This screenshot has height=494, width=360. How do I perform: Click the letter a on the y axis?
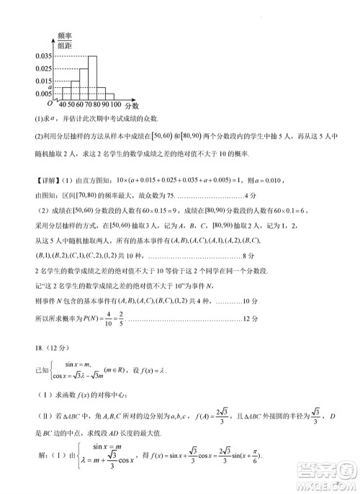(48, 86)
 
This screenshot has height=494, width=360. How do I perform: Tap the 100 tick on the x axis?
(115, 105)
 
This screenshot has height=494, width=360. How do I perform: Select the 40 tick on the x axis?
(63, 105)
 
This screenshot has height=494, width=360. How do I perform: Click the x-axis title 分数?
(132, 106)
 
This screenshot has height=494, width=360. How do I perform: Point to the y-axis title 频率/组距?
(65, 39)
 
